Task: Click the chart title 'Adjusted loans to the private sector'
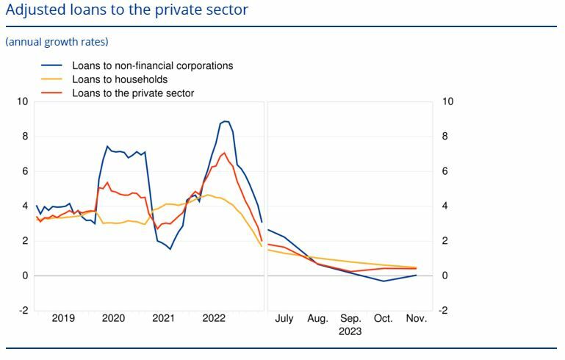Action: coord(126,10)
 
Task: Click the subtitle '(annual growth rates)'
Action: coord(57,42)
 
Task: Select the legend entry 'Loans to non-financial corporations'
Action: coord(152,65)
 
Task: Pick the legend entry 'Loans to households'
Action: coord(120,79)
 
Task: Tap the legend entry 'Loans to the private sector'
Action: coord(133,93)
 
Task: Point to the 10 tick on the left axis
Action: coord(23,101)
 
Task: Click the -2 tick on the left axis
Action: coord(23,311)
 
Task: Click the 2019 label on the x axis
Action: coord(63,319)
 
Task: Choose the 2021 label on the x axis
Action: coord(163,319)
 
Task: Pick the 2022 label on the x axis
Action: coord(214,319)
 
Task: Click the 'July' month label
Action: coord(284,319)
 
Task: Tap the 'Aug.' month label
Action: coord(317,319)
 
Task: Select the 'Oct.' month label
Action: coord(384,319)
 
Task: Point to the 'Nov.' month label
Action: coord(417,319)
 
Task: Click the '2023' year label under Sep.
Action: coord(350,331)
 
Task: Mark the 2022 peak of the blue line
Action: coord(226,121)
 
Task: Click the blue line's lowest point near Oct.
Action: coord(384,281)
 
